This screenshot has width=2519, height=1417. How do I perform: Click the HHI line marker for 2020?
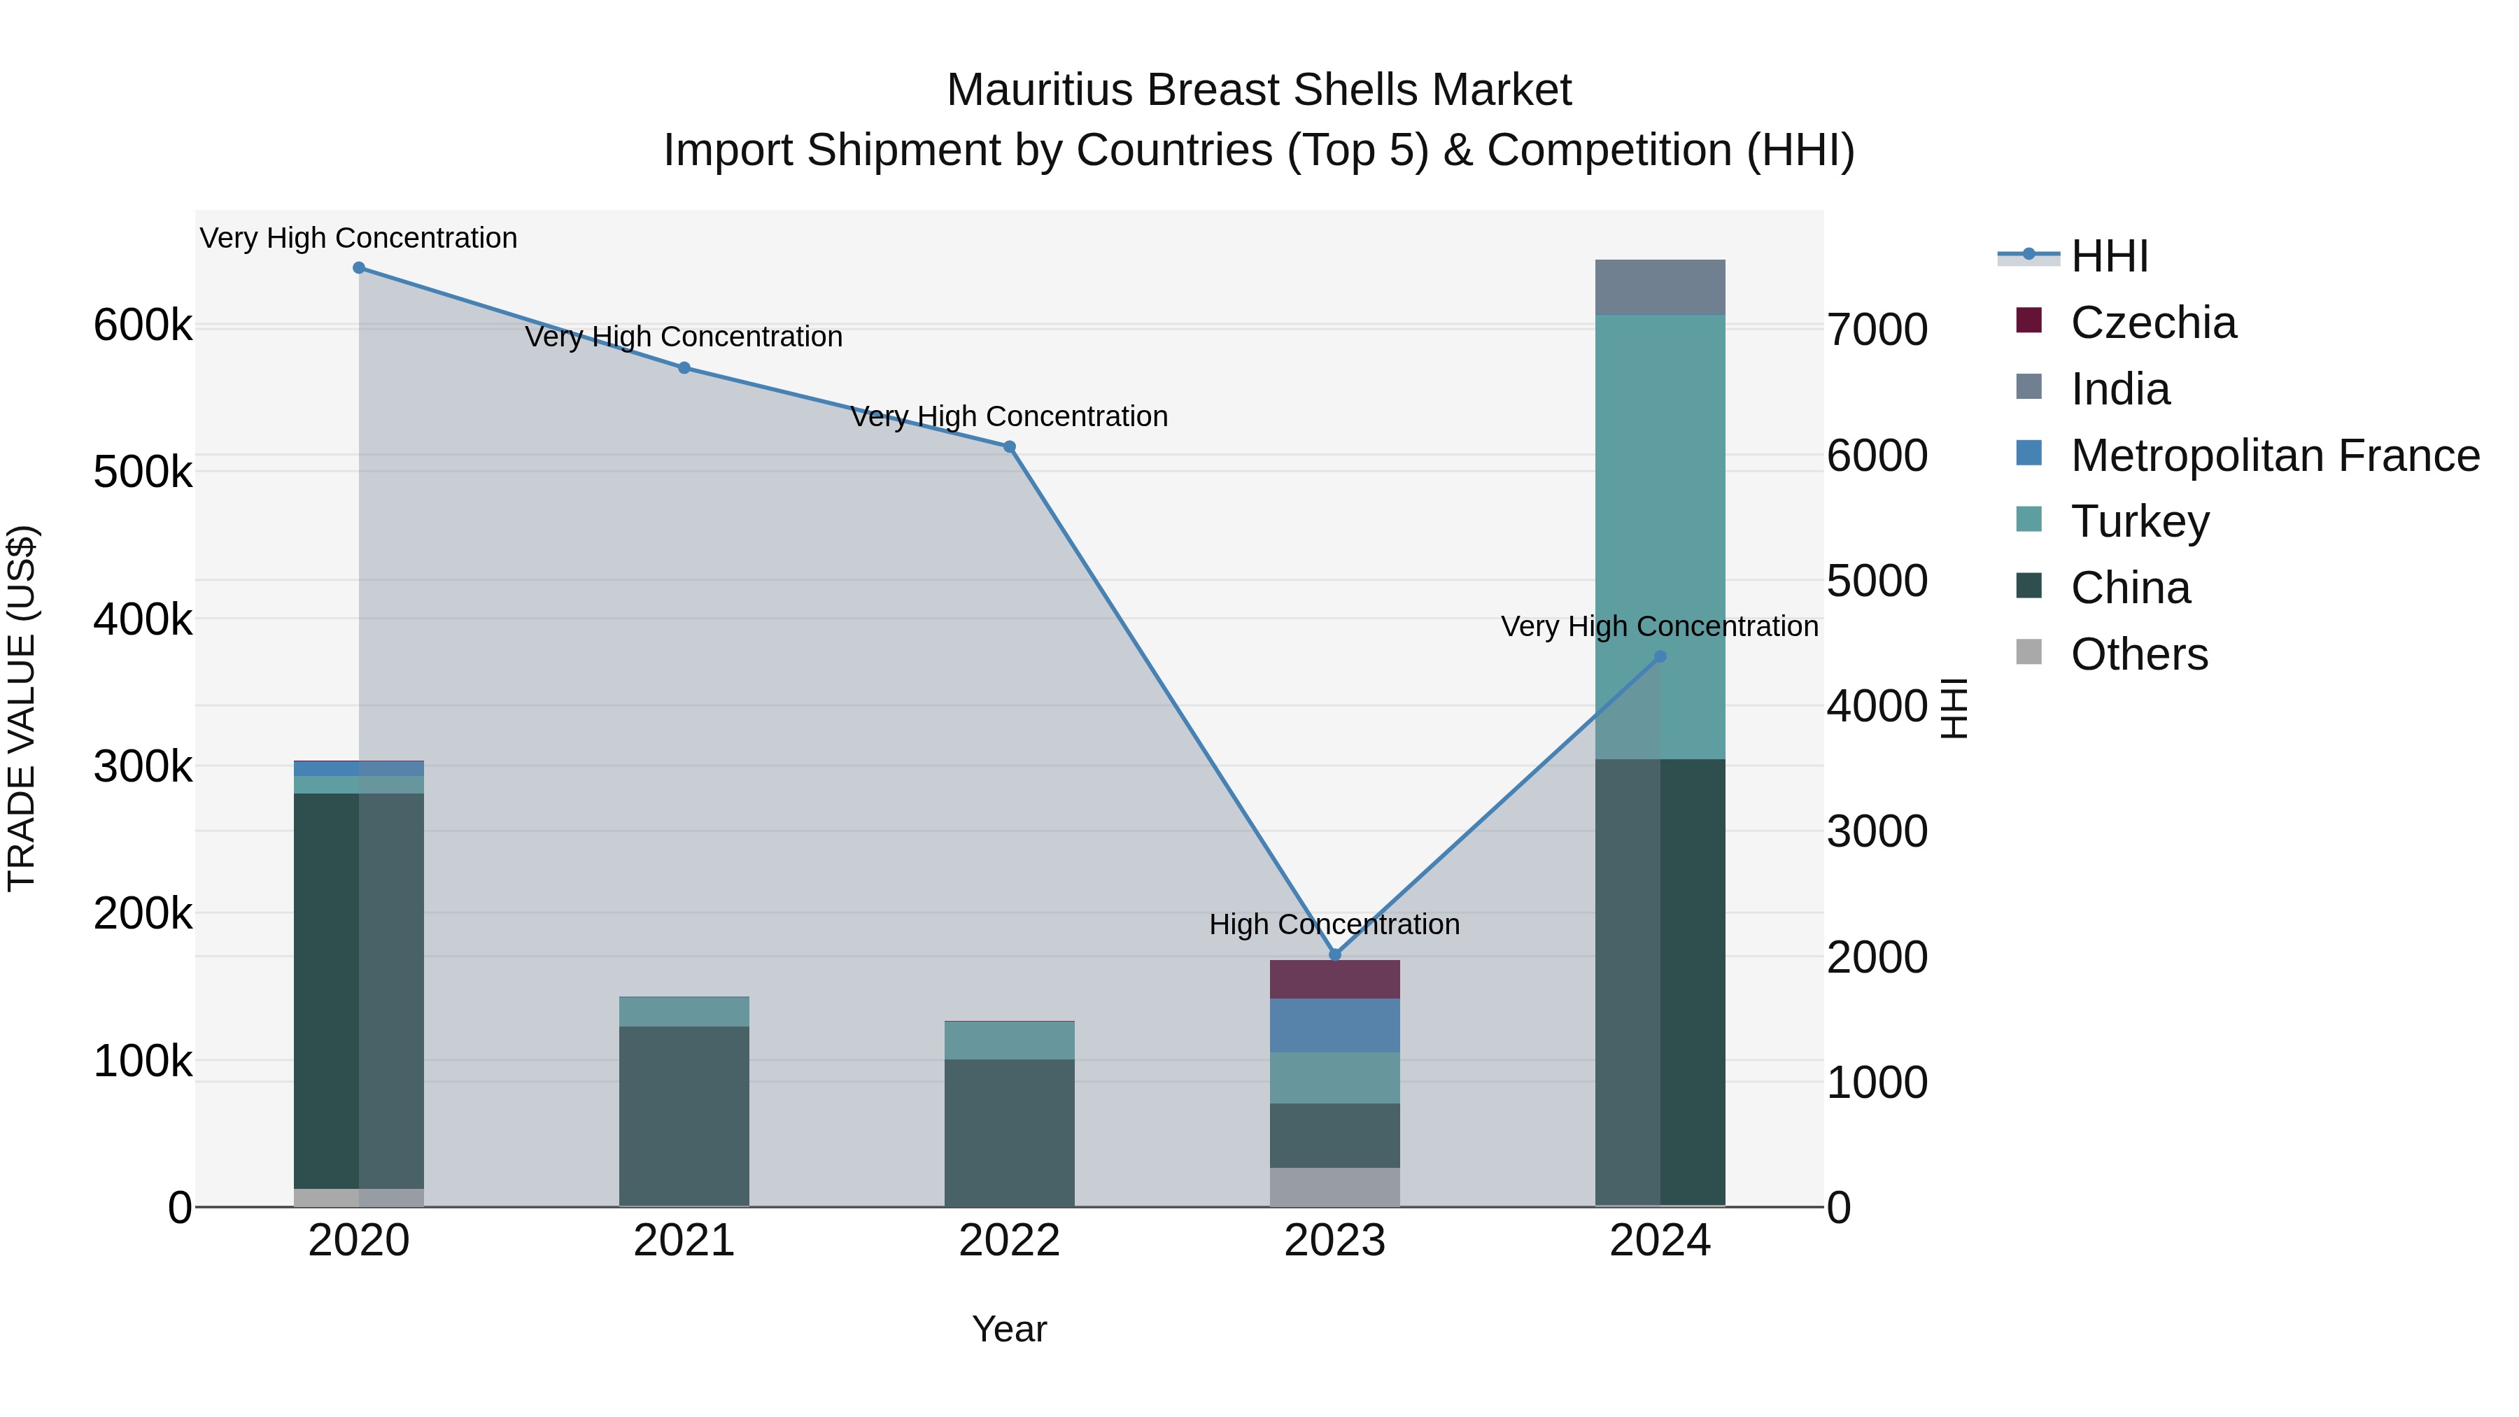pyautogui.click(x=359, y=268)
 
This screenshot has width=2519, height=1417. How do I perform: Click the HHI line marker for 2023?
pyautogui.click(x=1335, y=954)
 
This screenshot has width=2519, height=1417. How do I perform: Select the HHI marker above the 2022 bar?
pyautogui.click(x=1009, y=447)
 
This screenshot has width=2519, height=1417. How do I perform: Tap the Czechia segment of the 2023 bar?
pyautogui.click(x=1335, y=979)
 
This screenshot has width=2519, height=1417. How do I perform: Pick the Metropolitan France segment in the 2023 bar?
pyautogui.click(x=1335, y=1025)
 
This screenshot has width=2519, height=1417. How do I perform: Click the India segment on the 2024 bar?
pyautogui.click(x=1660, y=288)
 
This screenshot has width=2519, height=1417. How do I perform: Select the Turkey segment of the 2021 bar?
pyautogui.click(x=684, y=1012)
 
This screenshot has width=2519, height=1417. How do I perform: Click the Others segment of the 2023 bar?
pyautogui.click(x=1335, y=1186)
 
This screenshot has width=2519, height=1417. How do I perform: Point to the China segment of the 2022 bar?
pyautogui.click(x=1009, y=1132)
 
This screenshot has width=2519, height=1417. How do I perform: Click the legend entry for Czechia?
pyautogui.click(x=2152, y=323)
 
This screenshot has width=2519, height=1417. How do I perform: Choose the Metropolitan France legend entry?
pyautogui.click(x=2275, y=456)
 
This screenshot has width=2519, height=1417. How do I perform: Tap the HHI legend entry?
pyautogui.click(x=2109, y=256)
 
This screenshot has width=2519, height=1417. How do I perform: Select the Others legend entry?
pyautogui.click(x=2138, y=654)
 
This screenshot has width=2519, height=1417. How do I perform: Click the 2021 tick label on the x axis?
pyautogui.click(x=684, y=1241)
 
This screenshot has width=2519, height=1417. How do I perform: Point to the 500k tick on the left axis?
pyautogui.click(x=143, y=472)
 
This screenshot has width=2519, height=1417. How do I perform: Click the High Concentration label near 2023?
pyautogui.click(x=1334, y=924)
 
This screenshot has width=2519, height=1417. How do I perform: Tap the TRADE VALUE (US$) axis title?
pyautogui.click(x=22, y=708)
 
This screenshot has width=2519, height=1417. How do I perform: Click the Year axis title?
pyautogui.click(x=1009, y=1329)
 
